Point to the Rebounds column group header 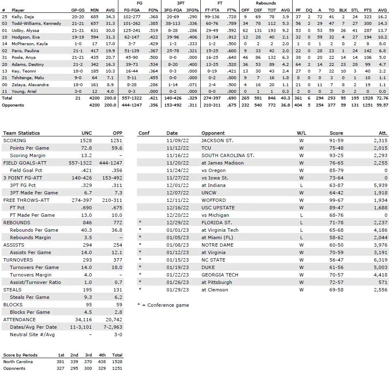(x=266, y=3)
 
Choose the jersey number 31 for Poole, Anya (x=5, y=57)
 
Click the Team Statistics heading (x=22, y=133)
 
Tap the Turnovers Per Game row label (x=34, y=267)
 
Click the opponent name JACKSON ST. (x=217, y=141)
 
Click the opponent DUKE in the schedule (x=209, y=267)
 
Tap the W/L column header (x=301, y=133)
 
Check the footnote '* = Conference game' (x=163, y=305)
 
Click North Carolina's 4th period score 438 (x=103, y=361)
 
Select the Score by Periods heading (x=20, y=355)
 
